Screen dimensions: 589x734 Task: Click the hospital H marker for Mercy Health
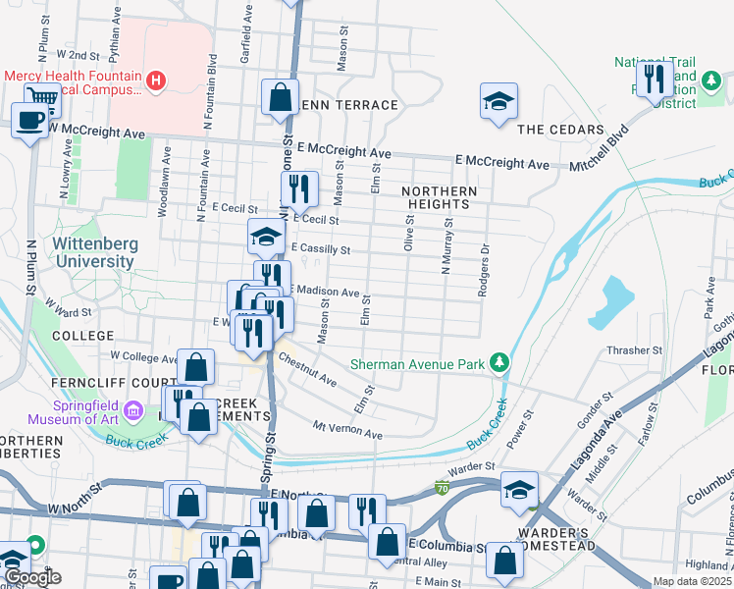[x=154, y=80]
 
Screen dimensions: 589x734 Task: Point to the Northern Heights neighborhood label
[x=440, y=197]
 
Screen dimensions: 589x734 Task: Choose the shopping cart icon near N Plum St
[x=43, y=95]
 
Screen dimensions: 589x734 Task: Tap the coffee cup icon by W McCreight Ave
[x=28, y=120]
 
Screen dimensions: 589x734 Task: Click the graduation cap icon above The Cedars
[x=498, y=100]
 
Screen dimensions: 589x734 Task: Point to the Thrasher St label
[x=635, y=350]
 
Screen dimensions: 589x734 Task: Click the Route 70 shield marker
[x=443, y=487]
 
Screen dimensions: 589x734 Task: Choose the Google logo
[x=33, y=577]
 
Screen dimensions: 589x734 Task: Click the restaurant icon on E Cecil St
[x=299, y=188]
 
